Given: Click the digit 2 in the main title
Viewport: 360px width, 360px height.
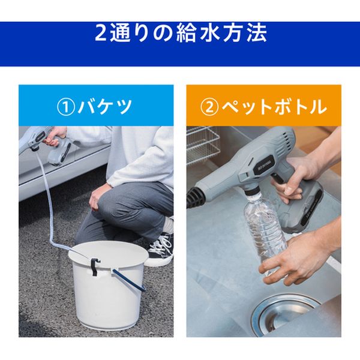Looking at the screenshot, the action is pyautogui.click(x=100, y=32).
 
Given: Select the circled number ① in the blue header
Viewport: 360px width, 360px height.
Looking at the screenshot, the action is pyautogui.click(x=66, y=107).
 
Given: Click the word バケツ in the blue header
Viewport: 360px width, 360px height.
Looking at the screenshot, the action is pyautogui.click(x=105, y=107).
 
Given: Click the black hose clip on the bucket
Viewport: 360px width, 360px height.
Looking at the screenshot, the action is pyautogui.click(x=95, y=266).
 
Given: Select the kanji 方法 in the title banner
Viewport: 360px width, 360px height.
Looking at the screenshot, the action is pyautogui.click(x=245, y=32).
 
